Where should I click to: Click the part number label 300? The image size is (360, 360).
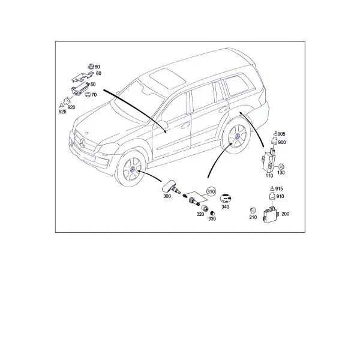pos(167,196)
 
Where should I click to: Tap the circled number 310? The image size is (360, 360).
pos(211,191)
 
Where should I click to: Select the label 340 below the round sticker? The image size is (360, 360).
pos(225,207)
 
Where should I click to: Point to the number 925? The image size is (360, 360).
pos(62,112)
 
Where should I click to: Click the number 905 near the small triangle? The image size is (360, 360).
pos(281,134)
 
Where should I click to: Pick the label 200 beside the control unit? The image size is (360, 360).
pos(285,214)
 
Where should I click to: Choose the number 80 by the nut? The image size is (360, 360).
pos(97,67)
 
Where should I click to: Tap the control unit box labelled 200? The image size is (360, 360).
pos(270,214)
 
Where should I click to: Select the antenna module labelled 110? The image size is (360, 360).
pos(269,160)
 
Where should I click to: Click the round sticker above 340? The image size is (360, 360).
pos(226,198)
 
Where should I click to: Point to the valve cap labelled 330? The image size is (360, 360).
pos(212,214)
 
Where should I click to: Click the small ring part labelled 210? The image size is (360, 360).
pos(253,211)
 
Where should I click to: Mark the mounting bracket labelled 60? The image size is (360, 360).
pos(82,77)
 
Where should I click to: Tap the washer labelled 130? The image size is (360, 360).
pos(281,166)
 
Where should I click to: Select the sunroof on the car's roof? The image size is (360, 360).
pos(167,78)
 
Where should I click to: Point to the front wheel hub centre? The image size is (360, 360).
pos(133,170)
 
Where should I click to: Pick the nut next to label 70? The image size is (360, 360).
pos(88,94)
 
